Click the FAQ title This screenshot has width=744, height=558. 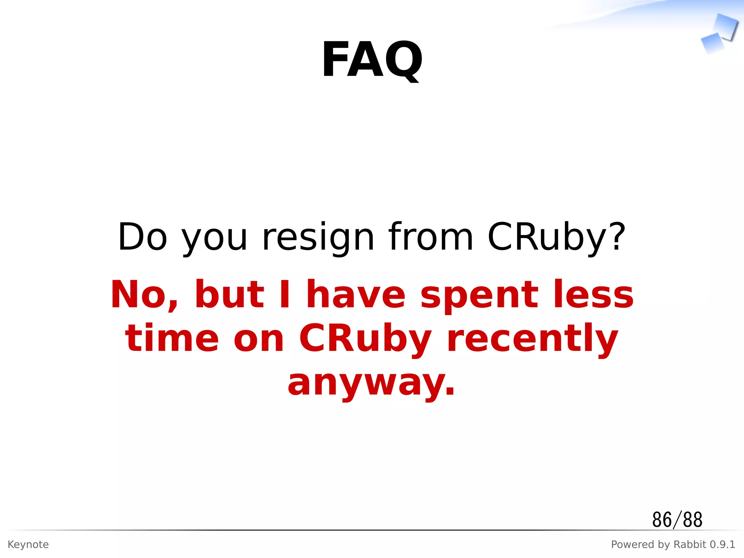tap(372, 60)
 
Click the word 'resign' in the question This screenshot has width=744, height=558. tap(318, 238)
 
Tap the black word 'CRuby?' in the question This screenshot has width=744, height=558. tap(556, 238)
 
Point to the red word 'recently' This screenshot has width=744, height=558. tap(533, 339)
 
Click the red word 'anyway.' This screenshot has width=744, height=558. tap(371, 383)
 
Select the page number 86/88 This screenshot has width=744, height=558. tap(677, 519)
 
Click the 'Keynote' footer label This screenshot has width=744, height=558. tap(28, 545)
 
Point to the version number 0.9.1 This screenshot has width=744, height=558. tap(722, 545)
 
